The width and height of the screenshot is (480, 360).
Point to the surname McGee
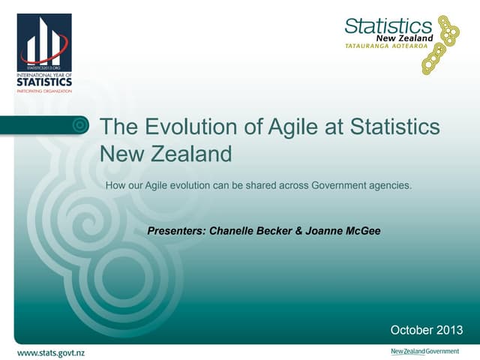tap(362, 231)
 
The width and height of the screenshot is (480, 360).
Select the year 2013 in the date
tap(448, 330)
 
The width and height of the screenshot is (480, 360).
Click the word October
tap(411, 330)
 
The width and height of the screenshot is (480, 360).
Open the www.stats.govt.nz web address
tap(51, 352)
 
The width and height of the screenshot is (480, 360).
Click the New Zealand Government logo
tap(424, 351)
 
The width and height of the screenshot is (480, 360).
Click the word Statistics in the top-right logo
tap(388, 26)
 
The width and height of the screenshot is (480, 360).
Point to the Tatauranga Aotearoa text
tap(385, 46)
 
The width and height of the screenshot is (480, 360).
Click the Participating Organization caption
tap(44, 91)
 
